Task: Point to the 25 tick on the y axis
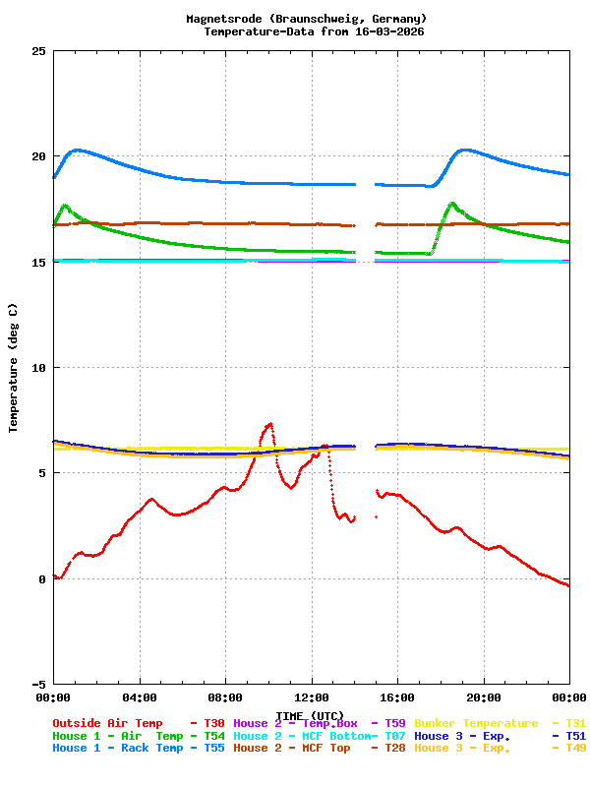(38, 51)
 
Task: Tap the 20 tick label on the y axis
(38, 156)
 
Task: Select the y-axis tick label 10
(38, 368)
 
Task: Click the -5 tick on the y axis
(38, 684)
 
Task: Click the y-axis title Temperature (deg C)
(14, 367)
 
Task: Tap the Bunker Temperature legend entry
(476, 724)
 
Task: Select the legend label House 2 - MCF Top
(292, 748)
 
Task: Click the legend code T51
(575, 736)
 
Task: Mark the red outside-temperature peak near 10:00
(269, 424)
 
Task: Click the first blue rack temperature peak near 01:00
(76, 150)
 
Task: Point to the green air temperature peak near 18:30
(452, 204)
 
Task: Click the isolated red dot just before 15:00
(376, 516)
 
